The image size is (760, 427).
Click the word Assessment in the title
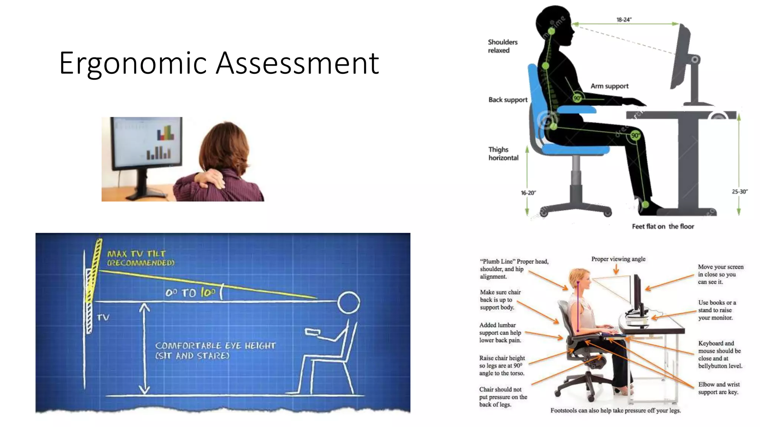[x=297, y=63]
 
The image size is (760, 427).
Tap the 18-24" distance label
[x=624, y=20]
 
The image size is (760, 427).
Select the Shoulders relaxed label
[x=502, y=46]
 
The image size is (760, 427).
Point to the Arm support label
[x=609, y=86]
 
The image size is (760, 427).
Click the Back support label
[x=508, y=100]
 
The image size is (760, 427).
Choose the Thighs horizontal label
[x=503, y=153]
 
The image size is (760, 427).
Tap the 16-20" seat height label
[x=528, y=193]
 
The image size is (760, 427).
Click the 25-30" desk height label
[x=739, y=192]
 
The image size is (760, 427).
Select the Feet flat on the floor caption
[x=663, y=226]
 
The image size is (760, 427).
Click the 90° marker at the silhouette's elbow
[x=577, y=98]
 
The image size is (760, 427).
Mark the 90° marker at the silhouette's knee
[x=635, y=135]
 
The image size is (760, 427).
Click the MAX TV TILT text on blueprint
[x=137, y=254]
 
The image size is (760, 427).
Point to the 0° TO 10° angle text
[x=190, y=293]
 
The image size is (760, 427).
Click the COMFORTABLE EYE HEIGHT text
[x=215, y=346]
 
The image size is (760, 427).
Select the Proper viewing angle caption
[x=618, y=259]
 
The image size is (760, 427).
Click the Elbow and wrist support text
[x=718, y=388]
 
